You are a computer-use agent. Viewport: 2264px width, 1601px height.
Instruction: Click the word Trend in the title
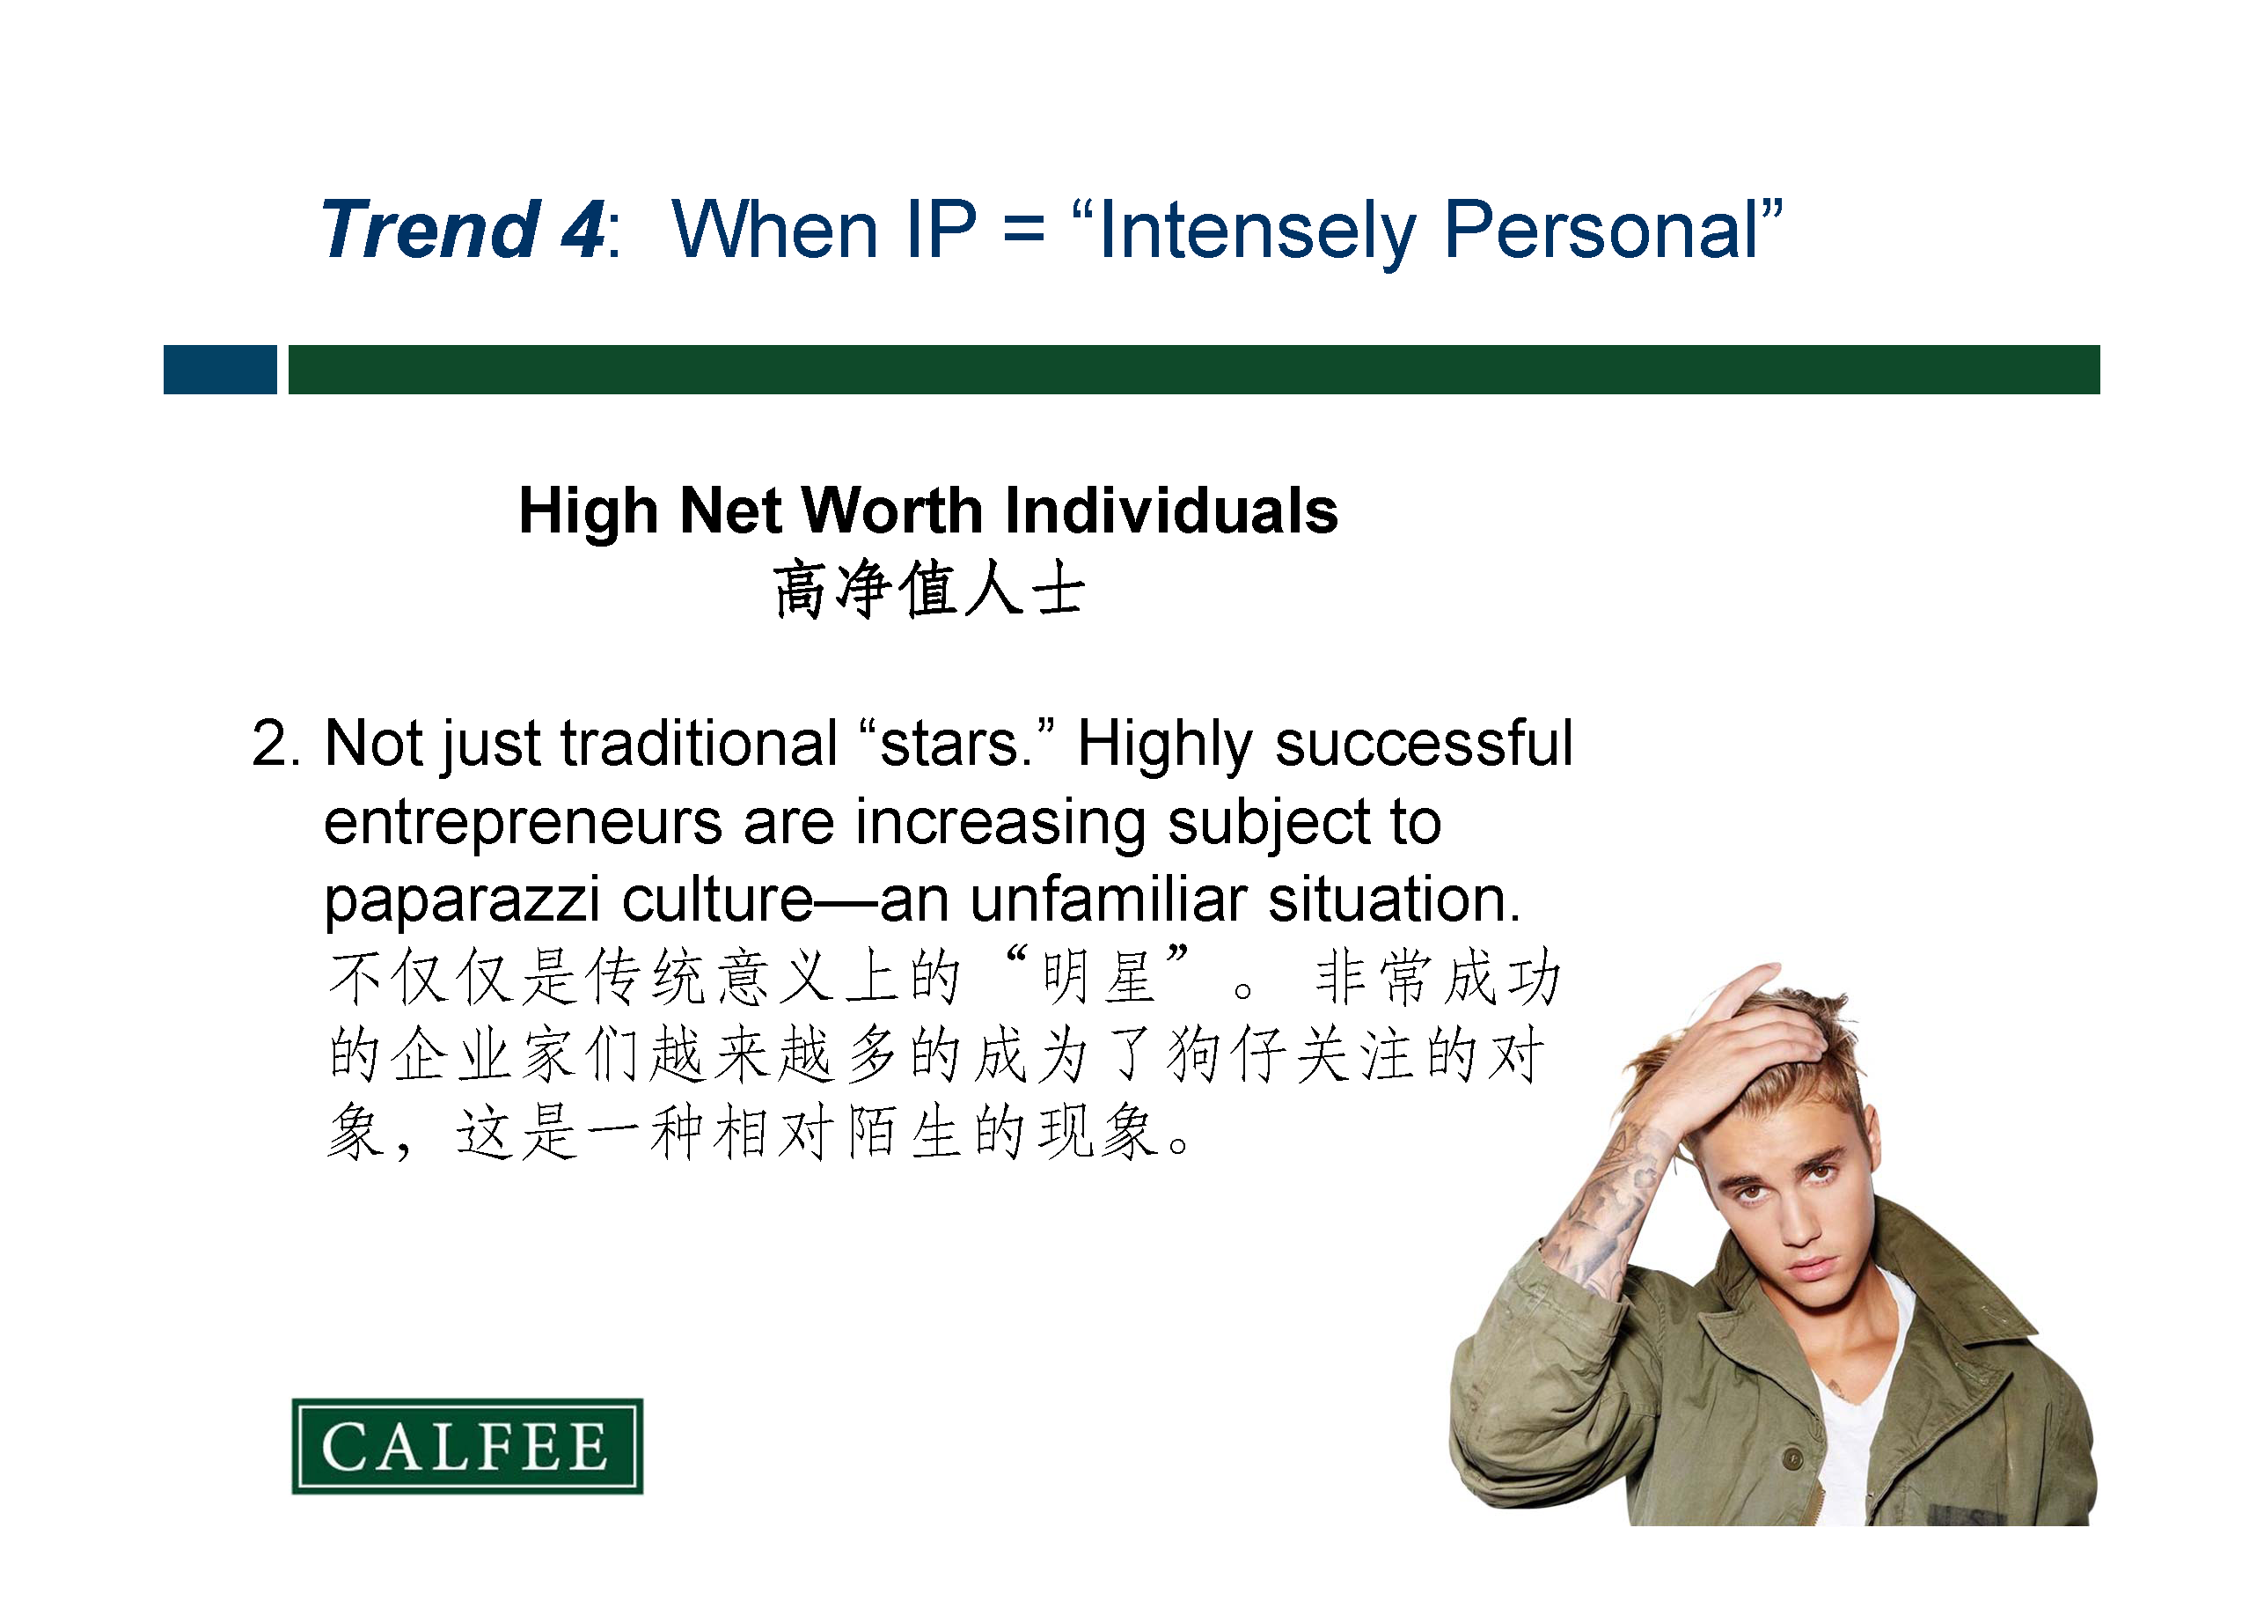pyautogui.click(x=430, y=229)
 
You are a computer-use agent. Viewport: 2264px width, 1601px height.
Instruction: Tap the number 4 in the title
pyautogui.click(x=582, y=229)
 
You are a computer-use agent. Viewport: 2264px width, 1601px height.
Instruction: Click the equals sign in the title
pyautogui.click(x=1023, y=231)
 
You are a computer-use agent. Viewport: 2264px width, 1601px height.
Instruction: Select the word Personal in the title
pyautogui.click(x=1602, y=229)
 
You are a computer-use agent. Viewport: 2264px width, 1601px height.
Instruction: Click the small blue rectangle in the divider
pyautogui.click(x=220, y=370)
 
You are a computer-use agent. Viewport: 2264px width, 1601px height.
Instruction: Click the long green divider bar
pyautogui.click(x=1194, y=370)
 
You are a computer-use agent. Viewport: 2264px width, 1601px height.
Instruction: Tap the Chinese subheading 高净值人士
pyautogui.click(x=929, y=589)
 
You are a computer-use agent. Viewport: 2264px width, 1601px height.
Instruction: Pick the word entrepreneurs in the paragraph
pyautogui.click(x=524, y=823)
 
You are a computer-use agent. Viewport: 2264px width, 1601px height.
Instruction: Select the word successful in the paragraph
pyautogui.click(x=1424, y=743)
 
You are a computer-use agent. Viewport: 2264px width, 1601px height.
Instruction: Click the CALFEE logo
pyautogui.click(x=467, y=1446)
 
